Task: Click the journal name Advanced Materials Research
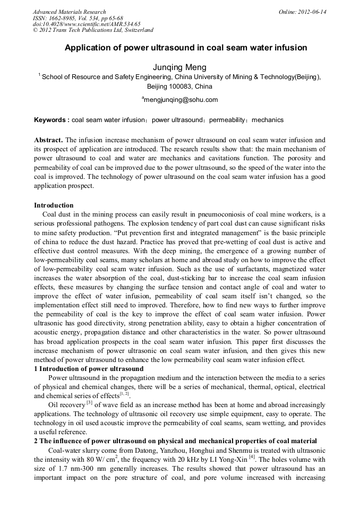[69, 12]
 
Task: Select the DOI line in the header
[86, 24]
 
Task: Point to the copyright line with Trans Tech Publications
[93, 30]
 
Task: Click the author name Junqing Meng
[179, 67]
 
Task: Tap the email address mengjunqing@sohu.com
[181, 100]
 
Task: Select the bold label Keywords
[50, 120]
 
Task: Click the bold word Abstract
[49, 140]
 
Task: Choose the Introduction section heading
[54, 205]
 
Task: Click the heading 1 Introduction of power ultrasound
[89, 369]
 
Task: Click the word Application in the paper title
[85, 48]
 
